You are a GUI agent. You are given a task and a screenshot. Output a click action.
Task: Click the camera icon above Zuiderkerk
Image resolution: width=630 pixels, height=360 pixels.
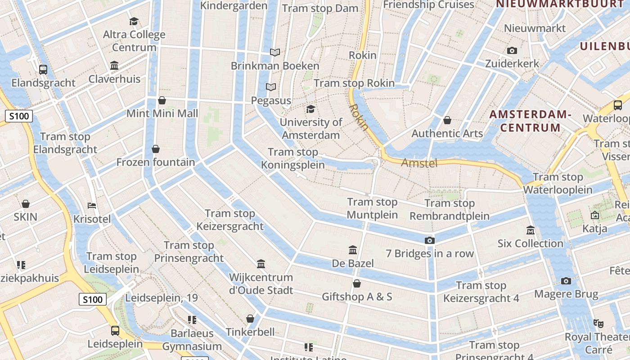click(x=512, y=50)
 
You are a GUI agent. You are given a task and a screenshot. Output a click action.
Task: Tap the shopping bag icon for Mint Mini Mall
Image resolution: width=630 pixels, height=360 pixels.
click(x=162, y=100)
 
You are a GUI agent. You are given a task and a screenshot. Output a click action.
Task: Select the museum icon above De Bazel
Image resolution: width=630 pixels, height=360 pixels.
click(x=353, y=250)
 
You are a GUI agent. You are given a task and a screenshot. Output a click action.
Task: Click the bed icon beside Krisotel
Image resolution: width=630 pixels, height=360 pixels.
click(x=92, y=206)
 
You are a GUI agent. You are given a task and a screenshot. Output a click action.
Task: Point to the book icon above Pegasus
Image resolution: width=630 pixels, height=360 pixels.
click(x=270, y=87)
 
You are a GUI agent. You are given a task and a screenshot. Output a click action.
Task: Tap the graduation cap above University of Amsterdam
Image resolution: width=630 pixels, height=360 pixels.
click(x=310, y=109)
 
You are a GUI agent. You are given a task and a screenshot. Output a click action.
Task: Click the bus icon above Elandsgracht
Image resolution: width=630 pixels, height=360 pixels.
click(x=43, y=69)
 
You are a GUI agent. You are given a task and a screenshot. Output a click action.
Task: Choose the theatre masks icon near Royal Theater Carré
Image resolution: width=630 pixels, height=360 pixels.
click(x=598, y=323)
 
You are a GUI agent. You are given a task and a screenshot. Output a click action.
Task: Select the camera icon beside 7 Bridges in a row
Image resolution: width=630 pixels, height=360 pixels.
click(x=430, y=240)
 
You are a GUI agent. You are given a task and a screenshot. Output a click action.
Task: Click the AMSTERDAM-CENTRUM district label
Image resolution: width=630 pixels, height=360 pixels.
click(x=530, y=121)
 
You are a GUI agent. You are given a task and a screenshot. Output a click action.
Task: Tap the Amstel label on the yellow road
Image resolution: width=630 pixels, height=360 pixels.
click(x=419, y=163)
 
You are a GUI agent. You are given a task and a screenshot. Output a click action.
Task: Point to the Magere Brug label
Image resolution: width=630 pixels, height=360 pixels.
click(x=566, y=294)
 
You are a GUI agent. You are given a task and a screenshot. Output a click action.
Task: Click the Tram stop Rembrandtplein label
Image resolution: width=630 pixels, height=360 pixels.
click(x=449, y=210)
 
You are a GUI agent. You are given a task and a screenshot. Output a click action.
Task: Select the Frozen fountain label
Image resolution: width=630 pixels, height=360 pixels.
click(x=156, y=162)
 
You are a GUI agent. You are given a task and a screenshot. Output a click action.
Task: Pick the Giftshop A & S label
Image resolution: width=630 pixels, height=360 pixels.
click(x=357, y=297)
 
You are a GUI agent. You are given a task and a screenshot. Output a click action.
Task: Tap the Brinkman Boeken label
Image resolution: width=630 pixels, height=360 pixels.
click(x=275, y=66)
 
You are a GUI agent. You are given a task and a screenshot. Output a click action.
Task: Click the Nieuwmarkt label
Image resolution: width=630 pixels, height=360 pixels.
click(x=535, y=28)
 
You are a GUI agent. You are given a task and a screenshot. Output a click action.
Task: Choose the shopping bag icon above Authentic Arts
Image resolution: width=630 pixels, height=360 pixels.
click(x=447, y=120)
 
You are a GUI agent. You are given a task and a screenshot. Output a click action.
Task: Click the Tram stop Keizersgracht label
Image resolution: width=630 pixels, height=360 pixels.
click(x=230, y=220)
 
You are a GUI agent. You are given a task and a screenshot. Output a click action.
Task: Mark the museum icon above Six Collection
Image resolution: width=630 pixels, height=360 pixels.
click(x=531, y=230)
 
